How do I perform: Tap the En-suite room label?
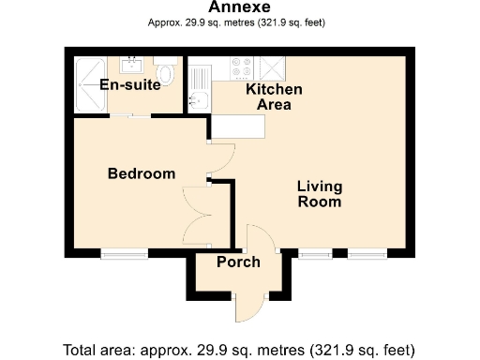128,85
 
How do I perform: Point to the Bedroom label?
141,173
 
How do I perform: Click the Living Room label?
319,194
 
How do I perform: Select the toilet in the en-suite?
167,72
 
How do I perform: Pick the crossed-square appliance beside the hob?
271,67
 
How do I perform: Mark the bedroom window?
124,252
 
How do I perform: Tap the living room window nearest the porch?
314,252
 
